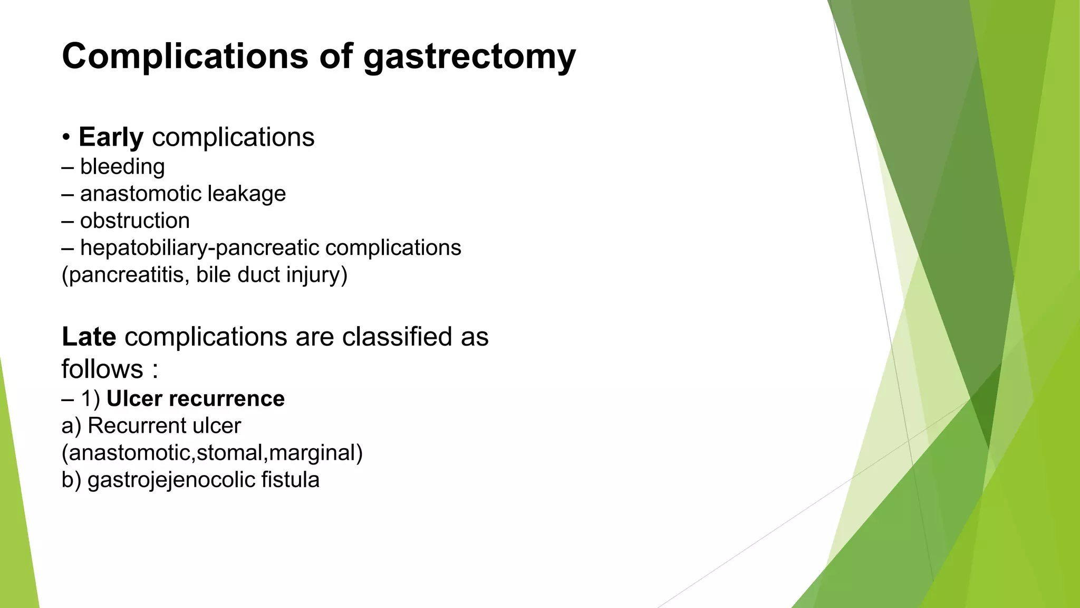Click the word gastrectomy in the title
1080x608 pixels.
click(469, 57)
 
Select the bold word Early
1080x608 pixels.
click(111, 138)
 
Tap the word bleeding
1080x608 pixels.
click(122, 167)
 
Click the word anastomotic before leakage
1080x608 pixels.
click(140, 194)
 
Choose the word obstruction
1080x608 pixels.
click(135, 221)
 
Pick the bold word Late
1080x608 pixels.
click(89, 337)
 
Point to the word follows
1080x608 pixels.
click(102, 369)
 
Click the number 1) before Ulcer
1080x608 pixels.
click(90, 399)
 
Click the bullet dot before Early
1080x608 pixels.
click(66, 138)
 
